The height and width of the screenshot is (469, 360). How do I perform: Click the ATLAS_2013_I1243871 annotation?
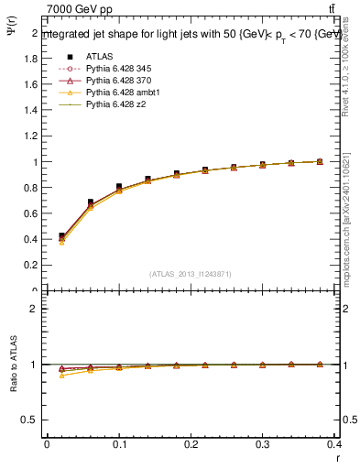(x=191, y=274)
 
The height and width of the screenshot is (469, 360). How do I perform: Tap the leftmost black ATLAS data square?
(x=61, y=236)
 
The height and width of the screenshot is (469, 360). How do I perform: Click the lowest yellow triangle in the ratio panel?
(x=61, y=376)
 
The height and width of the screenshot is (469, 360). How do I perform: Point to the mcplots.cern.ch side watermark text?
(x=351, y=229)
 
